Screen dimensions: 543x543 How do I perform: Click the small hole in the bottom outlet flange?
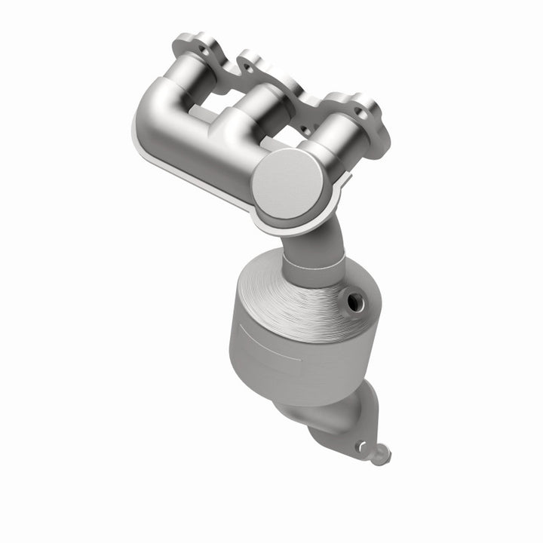pos(362,445)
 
